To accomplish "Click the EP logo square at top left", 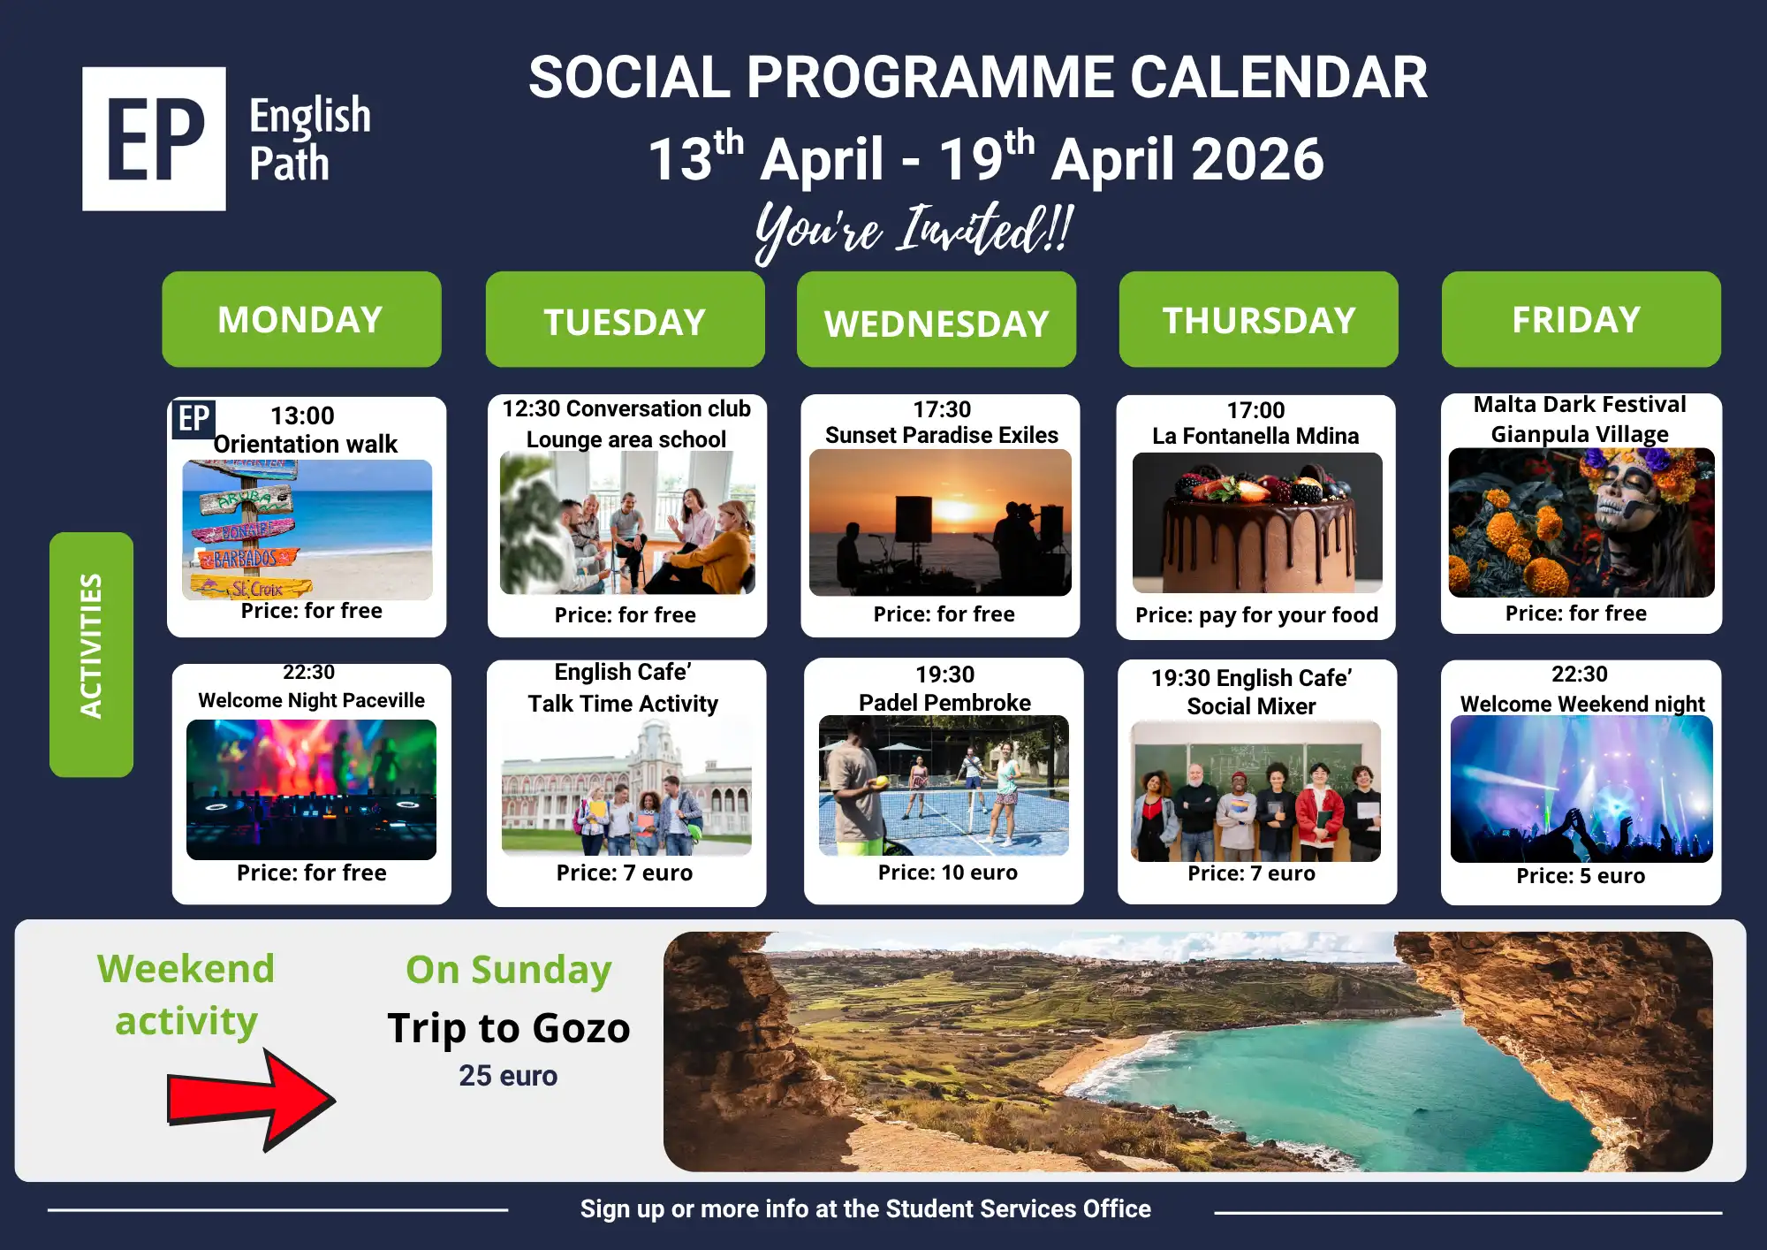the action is point(154,139).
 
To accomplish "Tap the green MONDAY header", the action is point(301,319).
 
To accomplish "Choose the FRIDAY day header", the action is point(1581,319).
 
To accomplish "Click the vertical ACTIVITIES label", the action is point(91,654).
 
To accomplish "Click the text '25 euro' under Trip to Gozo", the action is point(508,1076).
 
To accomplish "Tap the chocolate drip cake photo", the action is point(1257,522).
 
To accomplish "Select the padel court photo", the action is point(944,785).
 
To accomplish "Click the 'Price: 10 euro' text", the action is point(947,873).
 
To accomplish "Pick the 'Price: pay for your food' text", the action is point(1256,615).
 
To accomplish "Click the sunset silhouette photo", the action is point(940,522).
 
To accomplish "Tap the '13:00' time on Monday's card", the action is point(302,415).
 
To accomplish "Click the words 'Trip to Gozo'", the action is point(509,1028).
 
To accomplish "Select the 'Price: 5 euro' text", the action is point(1581,876).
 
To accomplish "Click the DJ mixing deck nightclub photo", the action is point(311,789).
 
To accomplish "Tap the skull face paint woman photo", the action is point(1581,522).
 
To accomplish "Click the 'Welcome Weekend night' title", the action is point(1581,704).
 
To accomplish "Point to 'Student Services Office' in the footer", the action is point(1018,1208).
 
